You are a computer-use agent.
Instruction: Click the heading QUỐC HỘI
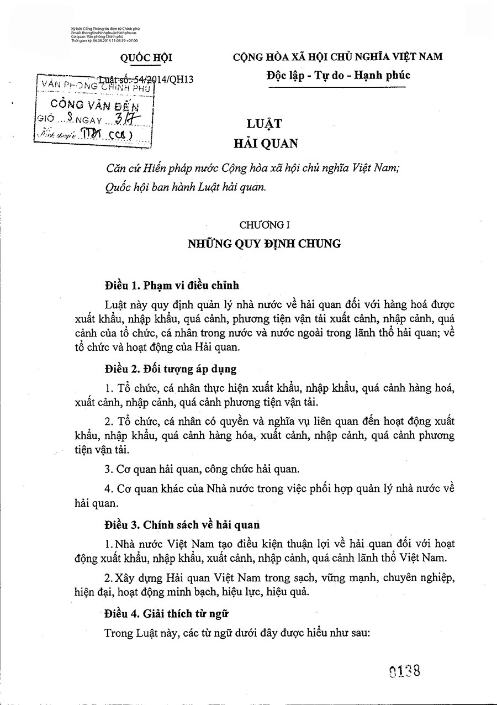[x=147, y=57]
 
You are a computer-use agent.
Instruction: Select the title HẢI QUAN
[x=265, y=144]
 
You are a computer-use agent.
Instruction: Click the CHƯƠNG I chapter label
[x=265, y=224]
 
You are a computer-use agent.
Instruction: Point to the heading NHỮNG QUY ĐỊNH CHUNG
[x=265, y=243]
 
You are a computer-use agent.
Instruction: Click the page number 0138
[x=405, y=671]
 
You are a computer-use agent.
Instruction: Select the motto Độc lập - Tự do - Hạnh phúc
[x=337, y=76]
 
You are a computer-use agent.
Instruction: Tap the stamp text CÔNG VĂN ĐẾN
[x=94, y=104]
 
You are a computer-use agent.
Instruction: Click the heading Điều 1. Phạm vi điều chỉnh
[x=172, y=286]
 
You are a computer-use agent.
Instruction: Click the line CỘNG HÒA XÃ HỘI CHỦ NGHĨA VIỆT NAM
[x=337, y=57]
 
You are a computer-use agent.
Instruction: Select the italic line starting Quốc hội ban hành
[x=185, y=187]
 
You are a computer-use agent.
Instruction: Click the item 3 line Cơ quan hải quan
[x=202, y=470]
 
